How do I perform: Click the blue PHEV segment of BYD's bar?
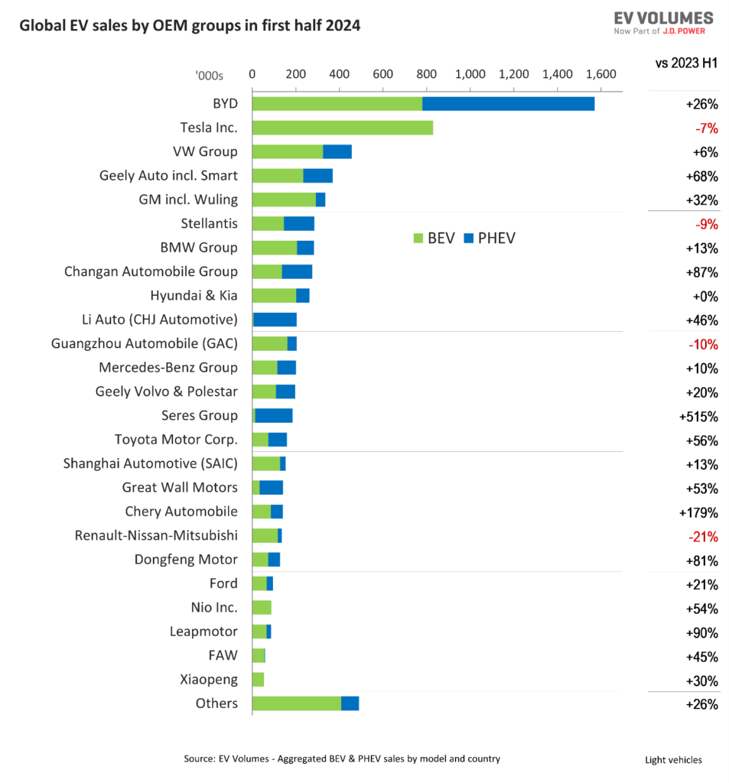[508, 103]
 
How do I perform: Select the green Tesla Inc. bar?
[342, 128]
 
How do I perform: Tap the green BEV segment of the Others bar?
[296, 703]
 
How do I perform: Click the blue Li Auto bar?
[275, 320]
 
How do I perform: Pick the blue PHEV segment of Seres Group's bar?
[274, 416]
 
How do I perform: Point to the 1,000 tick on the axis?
[470, 74]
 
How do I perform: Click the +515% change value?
[698, 417]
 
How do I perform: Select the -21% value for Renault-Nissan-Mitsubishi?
[702, 537]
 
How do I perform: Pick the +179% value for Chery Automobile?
[698, 512]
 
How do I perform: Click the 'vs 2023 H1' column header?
[686, 63]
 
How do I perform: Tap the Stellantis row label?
[209, 223]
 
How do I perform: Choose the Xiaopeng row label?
[209, 679]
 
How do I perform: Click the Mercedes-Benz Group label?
[168, 368]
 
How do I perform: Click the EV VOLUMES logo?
[663, 22]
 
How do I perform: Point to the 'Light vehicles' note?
[673, 759]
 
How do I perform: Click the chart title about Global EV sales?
[190, 25]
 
